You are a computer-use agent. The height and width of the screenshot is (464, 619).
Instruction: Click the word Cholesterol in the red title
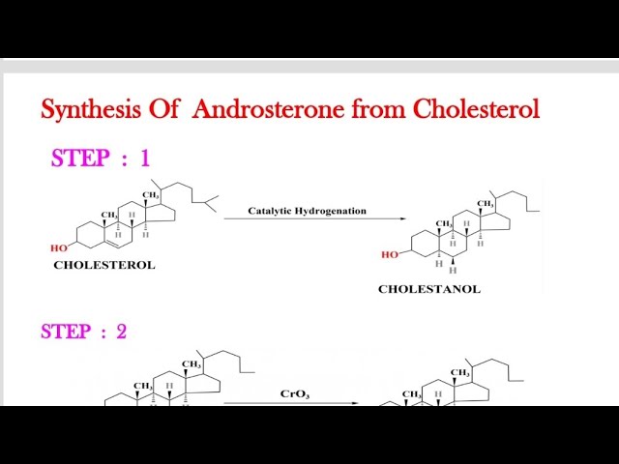[x=476, y=109]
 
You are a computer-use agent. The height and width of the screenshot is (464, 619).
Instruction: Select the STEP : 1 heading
[x=101, y=159]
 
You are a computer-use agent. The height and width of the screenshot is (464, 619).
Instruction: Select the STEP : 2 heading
[x=83, y=332]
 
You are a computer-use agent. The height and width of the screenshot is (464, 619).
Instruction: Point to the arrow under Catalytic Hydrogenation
[x=300, y=219]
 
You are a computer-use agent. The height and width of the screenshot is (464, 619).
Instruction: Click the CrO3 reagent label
[x=295, y=393]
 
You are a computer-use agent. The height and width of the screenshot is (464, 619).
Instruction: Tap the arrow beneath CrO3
[x=291, y=403]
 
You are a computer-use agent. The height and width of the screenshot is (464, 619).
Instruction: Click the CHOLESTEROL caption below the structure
[x=103, y=265]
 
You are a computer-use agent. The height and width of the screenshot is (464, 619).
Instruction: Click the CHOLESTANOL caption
[x=428, y=289]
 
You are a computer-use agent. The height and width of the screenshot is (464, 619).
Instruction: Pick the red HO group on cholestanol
[x=390, y=255]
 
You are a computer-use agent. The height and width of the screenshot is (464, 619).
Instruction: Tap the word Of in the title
[x=163, y=109]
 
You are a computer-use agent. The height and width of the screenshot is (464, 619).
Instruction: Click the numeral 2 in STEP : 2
[x=121, y=332]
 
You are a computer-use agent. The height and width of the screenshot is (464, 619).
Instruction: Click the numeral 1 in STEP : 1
[x=144, y=159]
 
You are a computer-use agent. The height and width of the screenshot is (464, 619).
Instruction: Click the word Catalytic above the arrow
[x=267, y=210]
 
